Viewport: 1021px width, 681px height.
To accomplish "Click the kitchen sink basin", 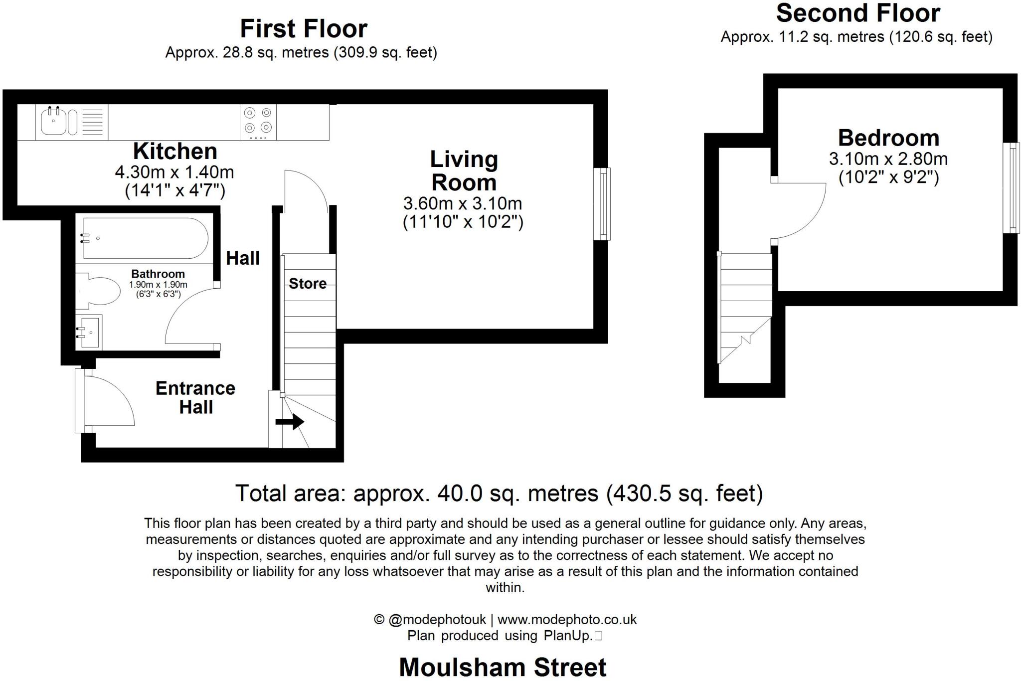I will (53, 122).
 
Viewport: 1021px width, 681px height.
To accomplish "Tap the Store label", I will (308, 284).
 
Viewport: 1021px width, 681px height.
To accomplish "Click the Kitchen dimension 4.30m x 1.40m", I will (174, 172).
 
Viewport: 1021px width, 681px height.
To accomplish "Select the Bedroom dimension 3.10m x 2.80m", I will (888, 159).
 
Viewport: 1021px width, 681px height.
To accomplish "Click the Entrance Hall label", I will (195, 397).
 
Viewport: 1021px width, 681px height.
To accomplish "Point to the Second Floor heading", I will (857, 13).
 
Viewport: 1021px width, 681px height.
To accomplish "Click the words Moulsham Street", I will (503, 667).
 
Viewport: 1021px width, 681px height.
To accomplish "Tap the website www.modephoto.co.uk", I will (567, 620).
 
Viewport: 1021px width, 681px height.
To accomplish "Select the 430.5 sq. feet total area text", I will (684, 494).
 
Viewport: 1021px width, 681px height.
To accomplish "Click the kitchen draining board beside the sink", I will (92, 122).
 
